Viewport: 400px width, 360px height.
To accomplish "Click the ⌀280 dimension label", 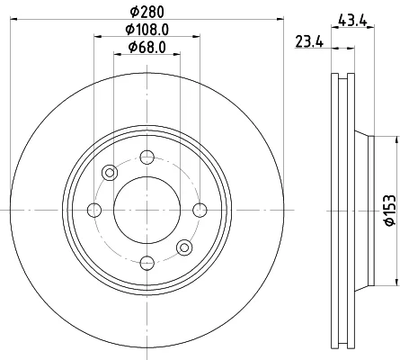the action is pos(147,12).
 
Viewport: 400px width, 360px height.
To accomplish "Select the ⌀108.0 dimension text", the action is pos(147,30).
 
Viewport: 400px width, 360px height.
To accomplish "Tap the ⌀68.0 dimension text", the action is pos(147,47).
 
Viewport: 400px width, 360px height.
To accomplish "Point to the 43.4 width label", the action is pos(352,21).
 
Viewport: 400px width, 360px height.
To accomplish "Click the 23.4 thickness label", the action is pos(309,41).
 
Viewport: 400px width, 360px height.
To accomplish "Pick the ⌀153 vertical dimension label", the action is pos(390,211).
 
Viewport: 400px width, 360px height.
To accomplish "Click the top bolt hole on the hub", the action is pos(147,157).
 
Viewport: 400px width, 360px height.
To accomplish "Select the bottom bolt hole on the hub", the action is pos(147,263).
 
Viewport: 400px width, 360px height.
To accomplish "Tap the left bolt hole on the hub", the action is pos(94,210).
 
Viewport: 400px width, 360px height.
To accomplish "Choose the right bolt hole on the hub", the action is pos(200,210).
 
